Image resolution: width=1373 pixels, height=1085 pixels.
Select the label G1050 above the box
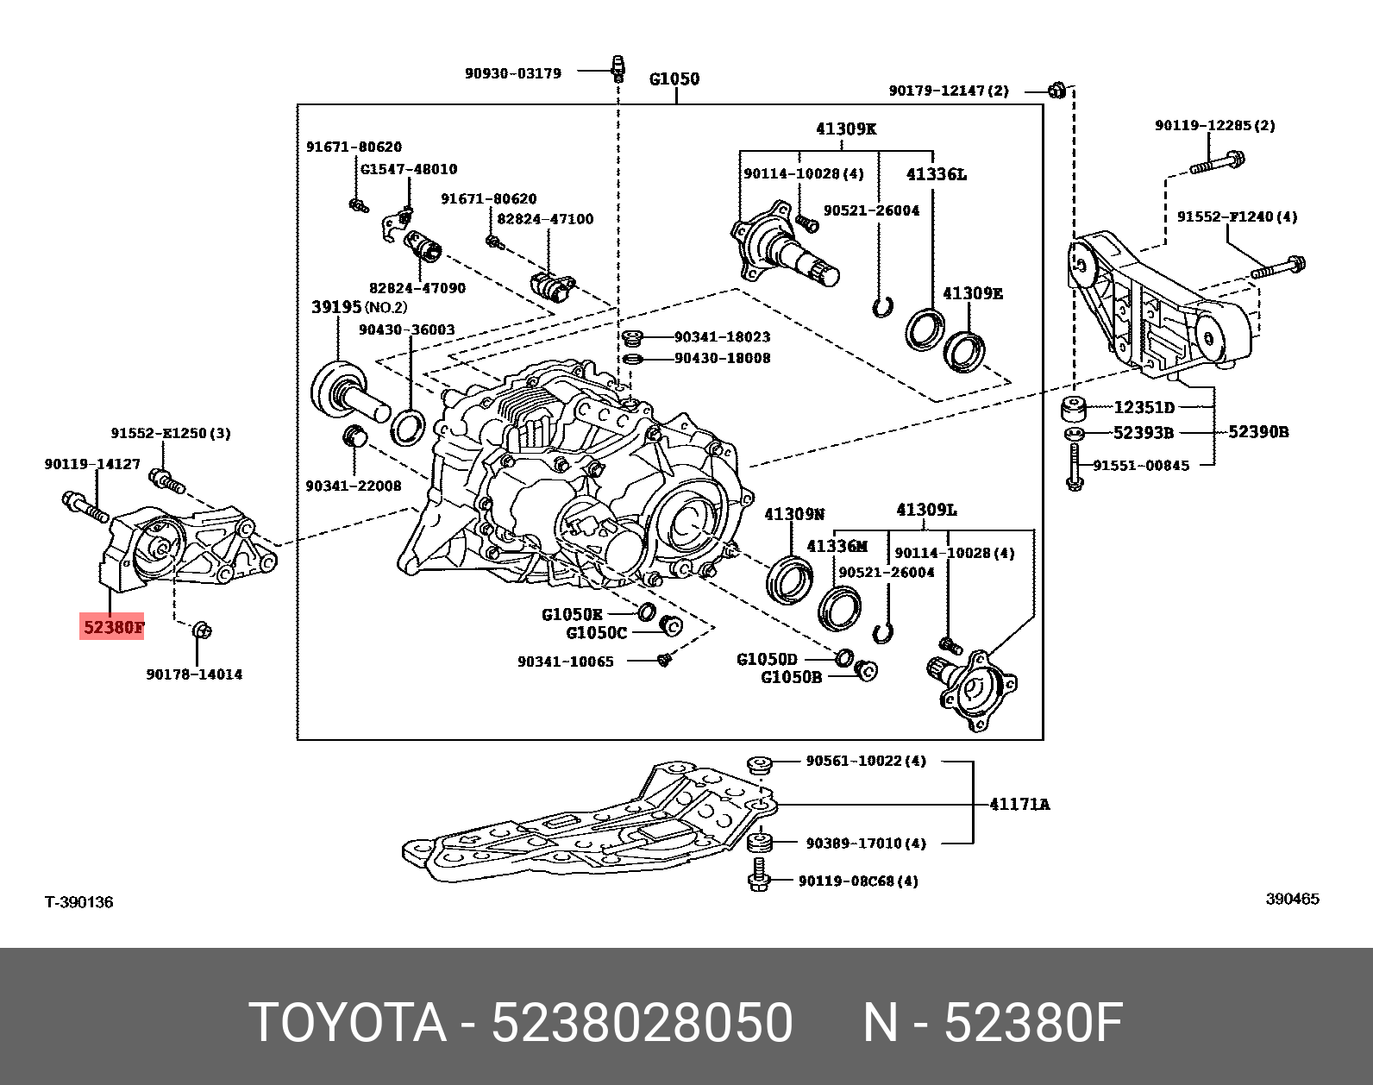674,79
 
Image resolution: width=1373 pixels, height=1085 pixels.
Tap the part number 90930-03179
512,73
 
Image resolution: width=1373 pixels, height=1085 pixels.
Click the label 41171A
1019,804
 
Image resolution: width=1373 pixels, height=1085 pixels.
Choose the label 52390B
1258,431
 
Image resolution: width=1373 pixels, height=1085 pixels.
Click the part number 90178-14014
194,674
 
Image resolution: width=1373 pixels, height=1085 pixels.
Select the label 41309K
846,129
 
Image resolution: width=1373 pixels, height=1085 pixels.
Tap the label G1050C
596,633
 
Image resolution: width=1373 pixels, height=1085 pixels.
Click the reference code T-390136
79,902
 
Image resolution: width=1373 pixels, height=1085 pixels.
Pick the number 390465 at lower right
1292,899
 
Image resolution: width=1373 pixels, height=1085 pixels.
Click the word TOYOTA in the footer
348,1024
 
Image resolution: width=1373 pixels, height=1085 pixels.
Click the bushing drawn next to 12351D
1074,407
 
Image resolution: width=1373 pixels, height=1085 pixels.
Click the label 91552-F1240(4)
1237,217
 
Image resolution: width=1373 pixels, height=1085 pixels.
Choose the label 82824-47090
417,287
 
